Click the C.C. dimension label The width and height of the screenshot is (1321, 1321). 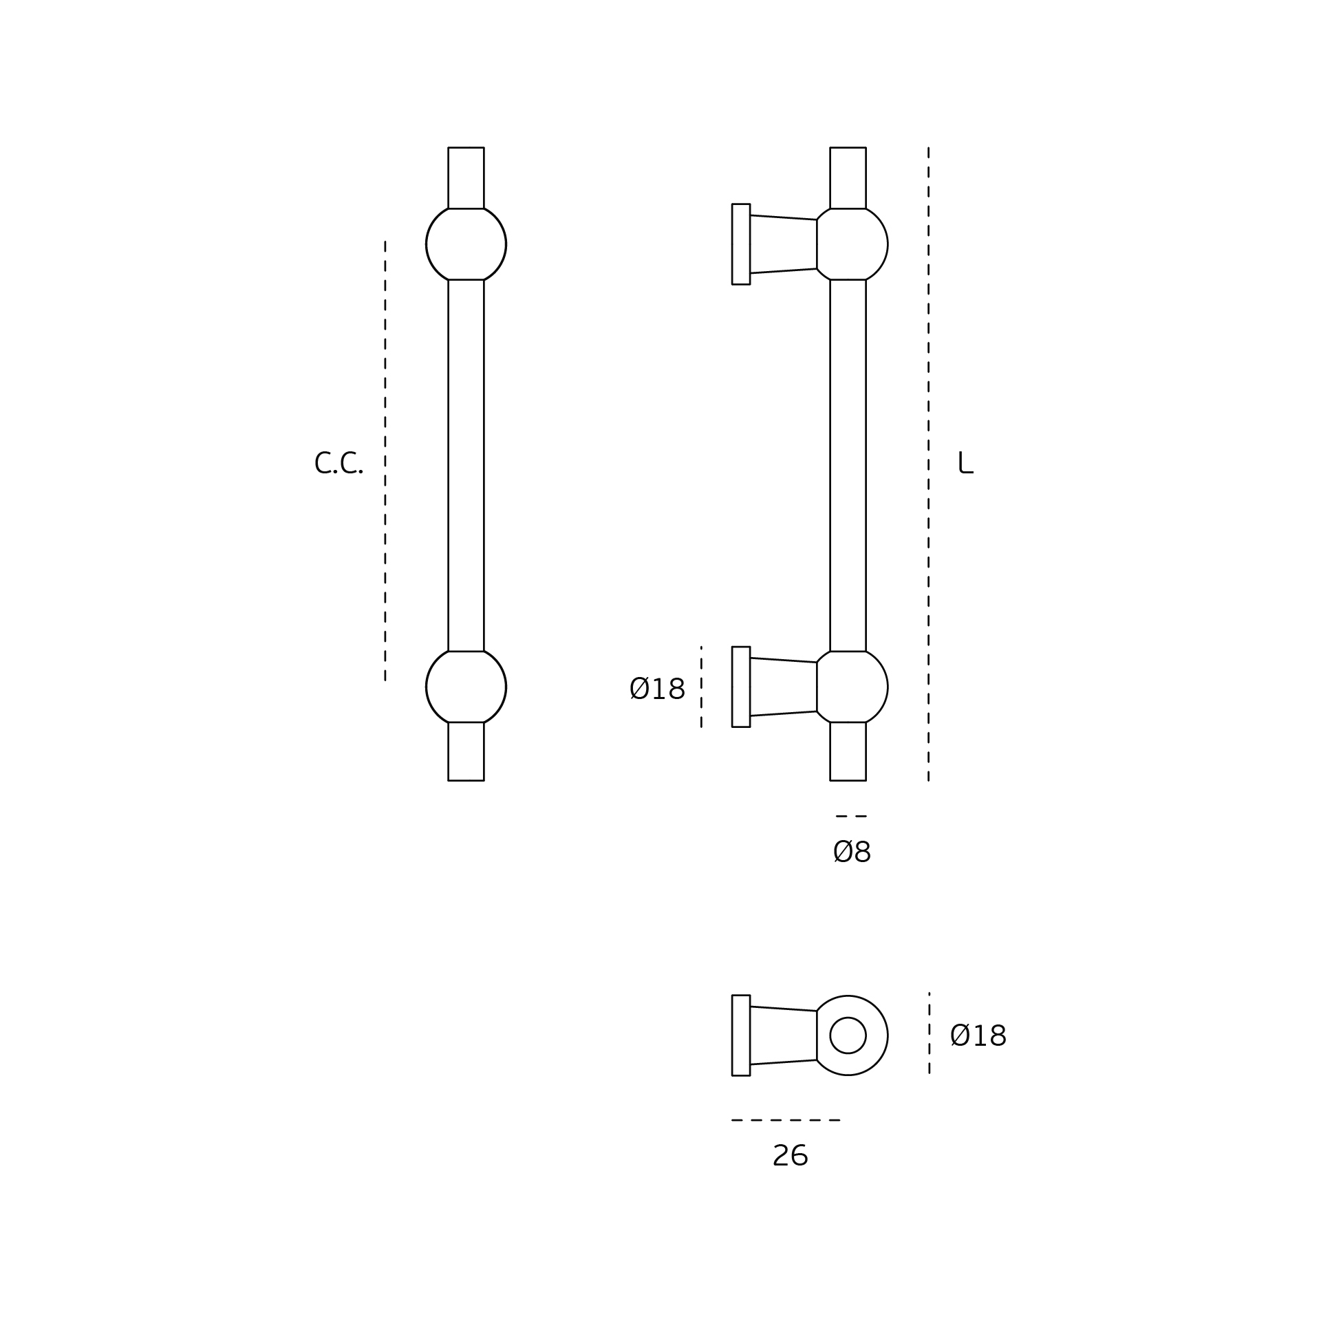(x=338, y=463)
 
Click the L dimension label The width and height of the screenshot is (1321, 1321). (x=965, y=463)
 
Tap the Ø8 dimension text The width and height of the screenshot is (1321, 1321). (x=852, y=852)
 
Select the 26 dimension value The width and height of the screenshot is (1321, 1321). (x=790, y=1156)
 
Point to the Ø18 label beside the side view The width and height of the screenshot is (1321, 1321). (x=657, y=689)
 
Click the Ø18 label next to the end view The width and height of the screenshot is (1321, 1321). (x=978, y=1036)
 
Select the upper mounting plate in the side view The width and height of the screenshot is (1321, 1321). (x=741, y=244)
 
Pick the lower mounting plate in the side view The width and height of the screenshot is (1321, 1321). (x=741, y=687)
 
